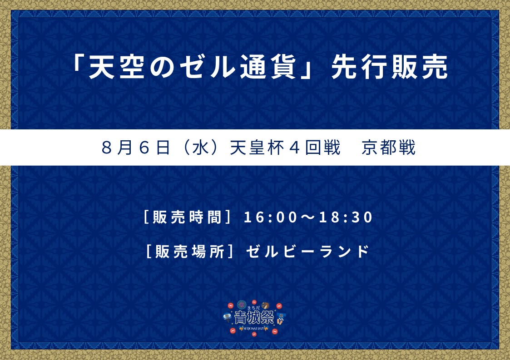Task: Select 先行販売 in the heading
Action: click(x=389, y=67)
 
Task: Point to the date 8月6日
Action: click(x=136, y=148)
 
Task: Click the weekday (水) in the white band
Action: click(x=200, y=148)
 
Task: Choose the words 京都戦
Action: click(x=389, y=148)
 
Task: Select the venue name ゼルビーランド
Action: click(x=307, y=252)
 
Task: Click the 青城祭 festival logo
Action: click(x=254, y=317)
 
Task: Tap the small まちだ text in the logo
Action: click(x=253, y=308)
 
